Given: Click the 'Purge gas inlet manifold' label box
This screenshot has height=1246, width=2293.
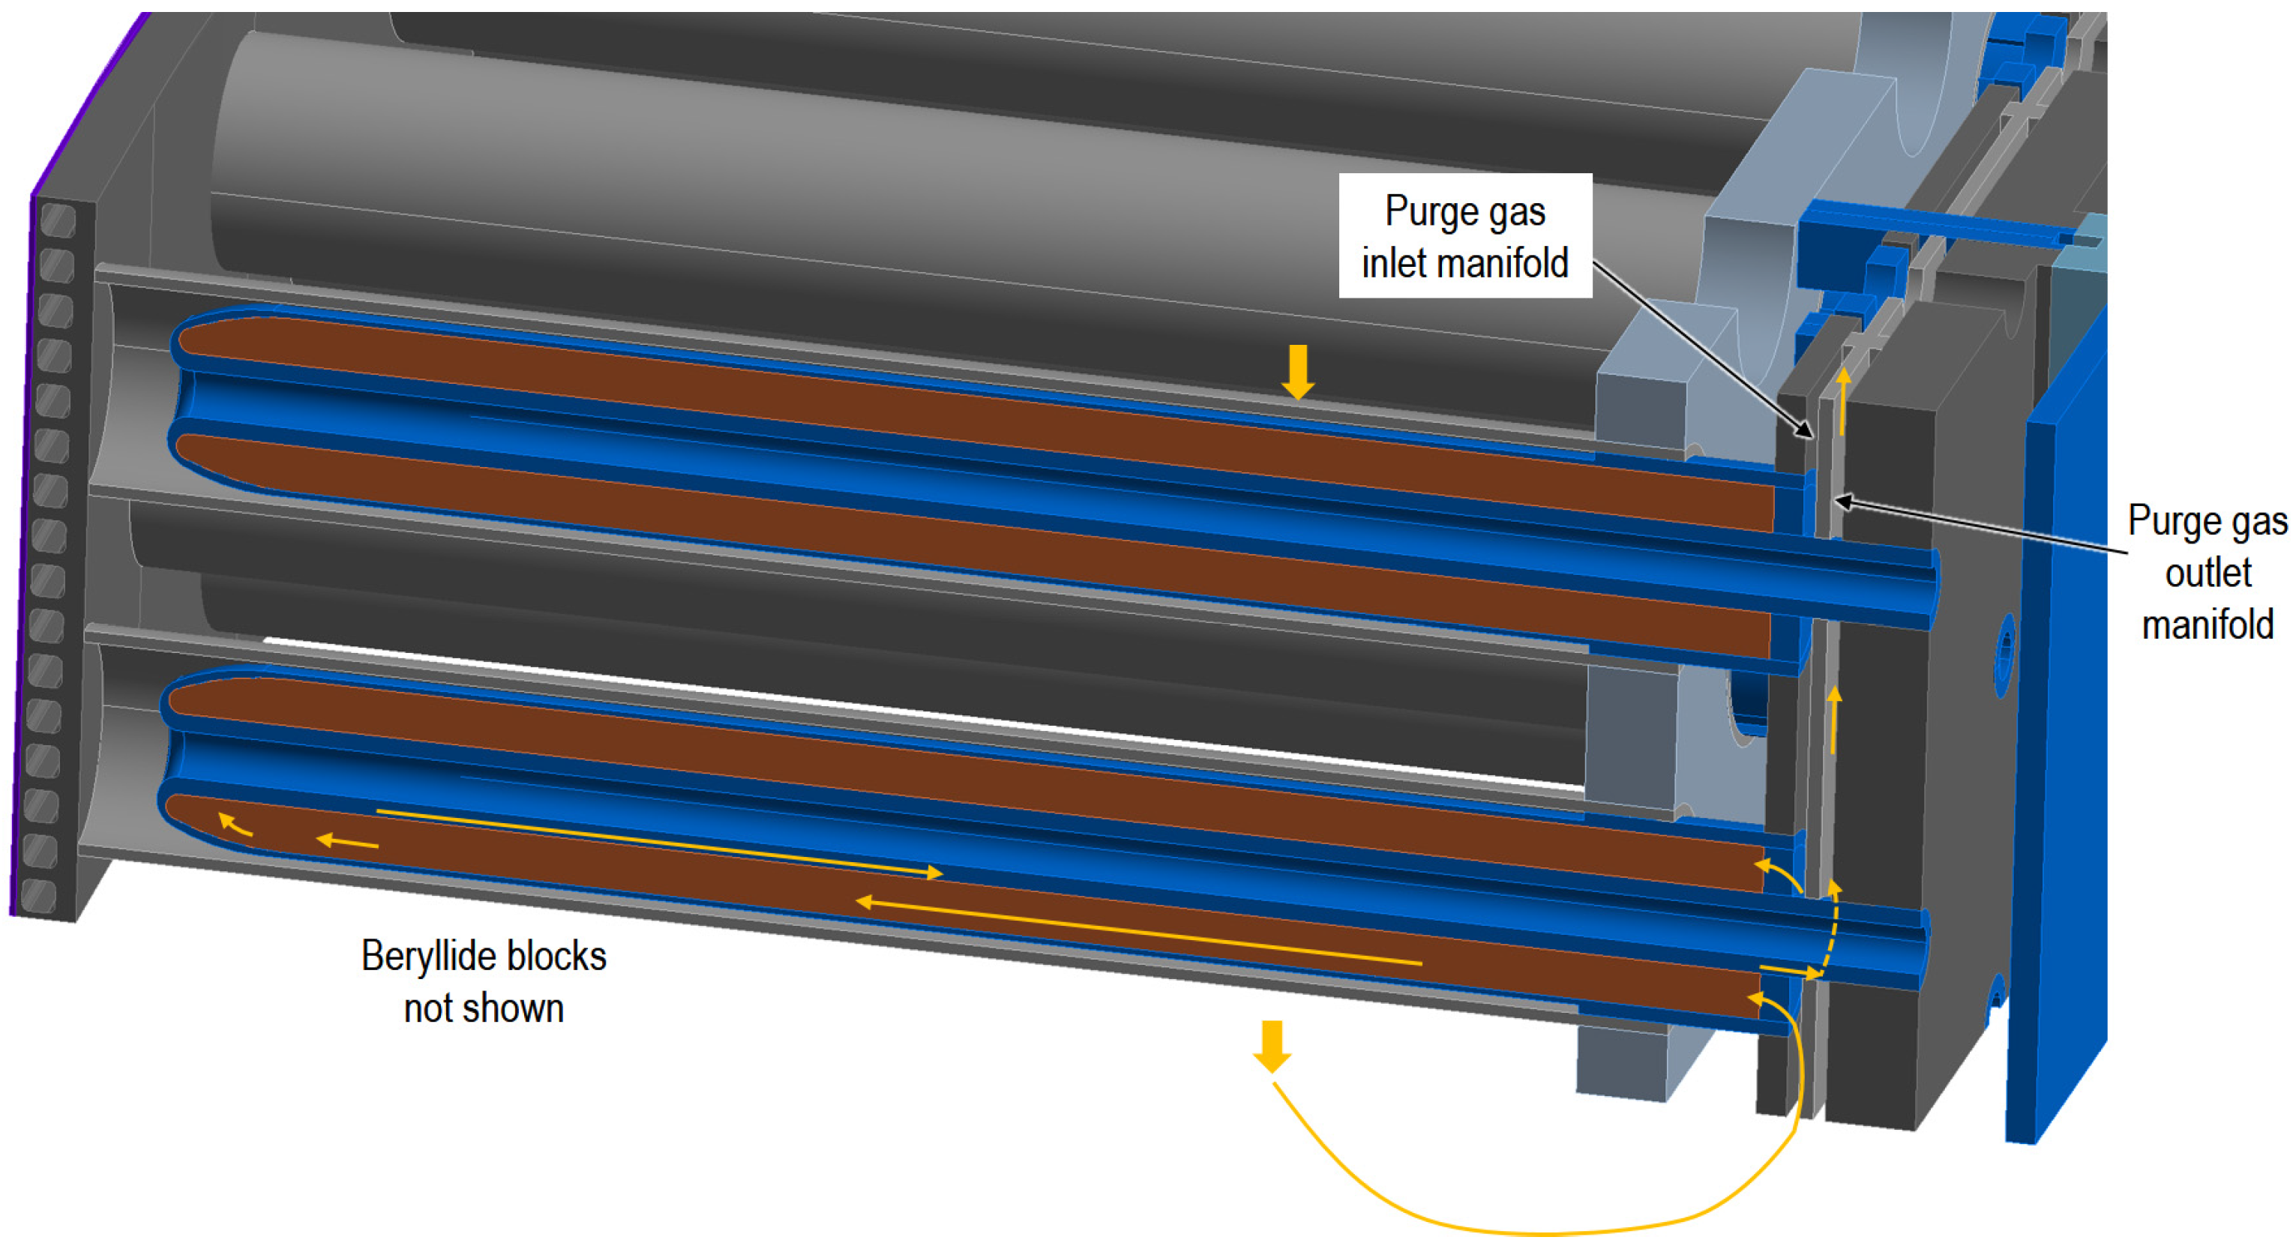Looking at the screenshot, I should pos(1464,236).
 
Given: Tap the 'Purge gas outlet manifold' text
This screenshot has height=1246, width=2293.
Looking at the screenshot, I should pos(2207,572).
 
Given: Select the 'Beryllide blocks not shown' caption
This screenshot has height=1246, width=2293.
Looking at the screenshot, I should pos(484,981).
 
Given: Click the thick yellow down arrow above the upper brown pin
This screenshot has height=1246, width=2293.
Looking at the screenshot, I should pos(1298,371).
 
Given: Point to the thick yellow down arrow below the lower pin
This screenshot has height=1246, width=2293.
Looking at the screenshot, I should pos(1272,1046).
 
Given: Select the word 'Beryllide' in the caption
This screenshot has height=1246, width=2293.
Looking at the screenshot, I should pos(424,957).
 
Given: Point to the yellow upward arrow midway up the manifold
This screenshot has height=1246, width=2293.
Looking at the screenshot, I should pos(1833,719).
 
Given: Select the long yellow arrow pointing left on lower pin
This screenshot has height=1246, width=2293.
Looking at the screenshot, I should pos(1140,932).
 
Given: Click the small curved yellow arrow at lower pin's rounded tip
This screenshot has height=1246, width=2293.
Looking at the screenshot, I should pos(234,824).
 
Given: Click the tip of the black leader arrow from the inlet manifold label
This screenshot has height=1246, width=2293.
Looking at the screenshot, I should pos(1811,436).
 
